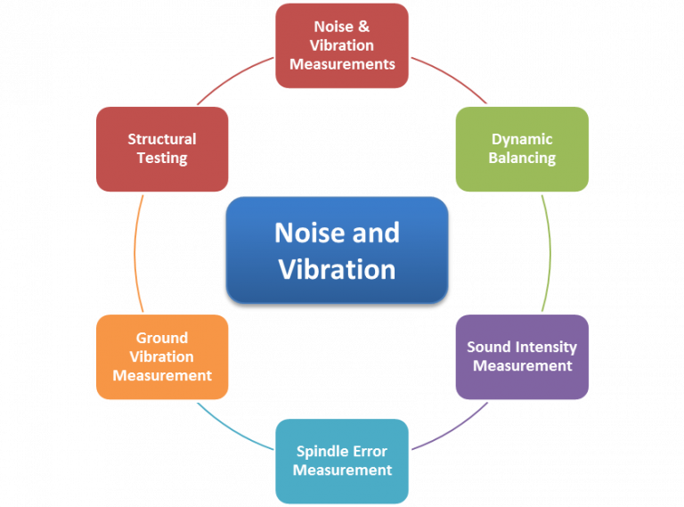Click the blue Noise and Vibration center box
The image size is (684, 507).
(x=337, y=250)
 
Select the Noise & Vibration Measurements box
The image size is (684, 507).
(x=342, y=45)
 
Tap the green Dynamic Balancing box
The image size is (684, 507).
(x=522, y=149)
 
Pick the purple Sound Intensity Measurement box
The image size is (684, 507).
(x=522, y=356)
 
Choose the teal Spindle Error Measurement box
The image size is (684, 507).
(x=342, y=461)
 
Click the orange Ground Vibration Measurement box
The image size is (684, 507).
(x=162, y=356)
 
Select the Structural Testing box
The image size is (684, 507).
(x=162, y=149)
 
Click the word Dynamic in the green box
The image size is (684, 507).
(x=522, y=139)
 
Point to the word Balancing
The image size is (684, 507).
(x=522, y=159)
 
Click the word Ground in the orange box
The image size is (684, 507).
(x=162, y=338)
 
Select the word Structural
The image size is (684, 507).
(x=162, y=139)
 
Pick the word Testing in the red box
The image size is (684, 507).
(x=162, y=159)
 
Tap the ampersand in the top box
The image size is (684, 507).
(x=363, y=27)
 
